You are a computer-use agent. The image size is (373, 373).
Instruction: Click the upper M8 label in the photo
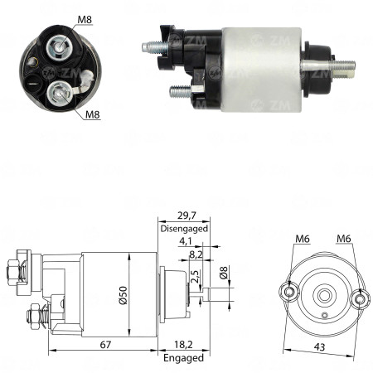pos(85,20)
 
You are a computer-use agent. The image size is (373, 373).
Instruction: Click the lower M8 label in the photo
pos(92,114)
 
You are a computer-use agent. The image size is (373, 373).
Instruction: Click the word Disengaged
pos(184,229)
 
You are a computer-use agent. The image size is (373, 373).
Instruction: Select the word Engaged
pos(183,358)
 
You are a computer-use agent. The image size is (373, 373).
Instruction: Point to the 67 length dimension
pos(105,345)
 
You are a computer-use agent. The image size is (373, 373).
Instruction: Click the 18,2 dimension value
pos(183,345)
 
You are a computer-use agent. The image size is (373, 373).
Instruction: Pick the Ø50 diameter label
pos(124,295)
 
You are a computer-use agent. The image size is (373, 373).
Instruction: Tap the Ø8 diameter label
pos(223,273)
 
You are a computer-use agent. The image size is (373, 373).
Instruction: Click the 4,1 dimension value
pos(186,241)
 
